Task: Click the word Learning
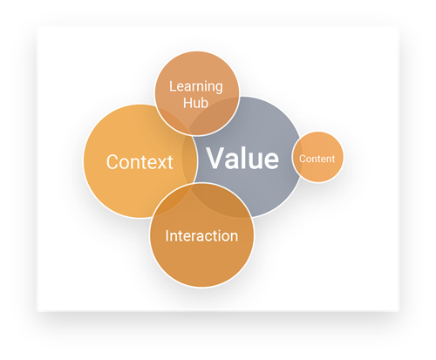click(x=196, y=87)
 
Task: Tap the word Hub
click(x=195, y=103)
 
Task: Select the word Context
click(x=140, y=162)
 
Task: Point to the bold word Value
click(x=242, y=158)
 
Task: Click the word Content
click(x=317, y=159)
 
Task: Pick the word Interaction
click(x=201, y=235)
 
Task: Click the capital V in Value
click(x=216, y=158)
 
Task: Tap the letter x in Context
click(x=160, y=164)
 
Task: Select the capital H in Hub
click(x=187, y=103)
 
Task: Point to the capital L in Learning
click(x=173, y=86)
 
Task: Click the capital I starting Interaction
click(x=167, y=235)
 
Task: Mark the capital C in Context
click(x=112, y=162)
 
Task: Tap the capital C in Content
click(x=302, y=159)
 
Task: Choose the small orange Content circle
click(x=317, y=157)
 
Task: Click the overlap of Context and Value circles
click(x=189, y=159)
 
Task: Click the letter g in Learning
click(x=218, y=88)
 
